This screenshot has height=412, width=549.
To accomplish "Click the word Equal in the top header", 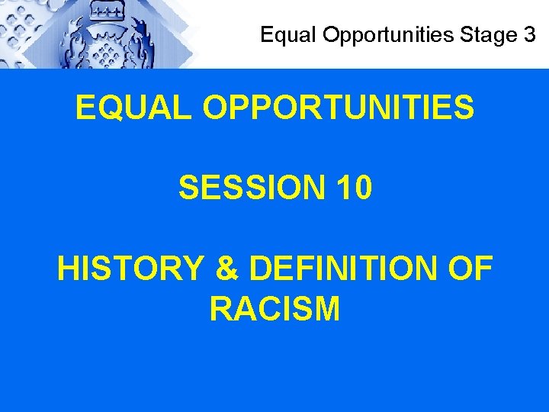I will (281, 34).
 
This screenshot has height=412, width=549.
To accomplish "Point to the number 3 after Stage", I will (529, 34).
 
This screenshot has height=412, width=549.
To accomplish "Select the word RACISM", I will (274, 309).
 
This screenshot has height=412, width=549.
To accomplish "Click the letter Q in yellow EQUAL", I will (111, 108).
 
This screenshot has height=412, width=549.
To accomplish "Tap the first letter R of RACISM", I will (221, 309).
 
